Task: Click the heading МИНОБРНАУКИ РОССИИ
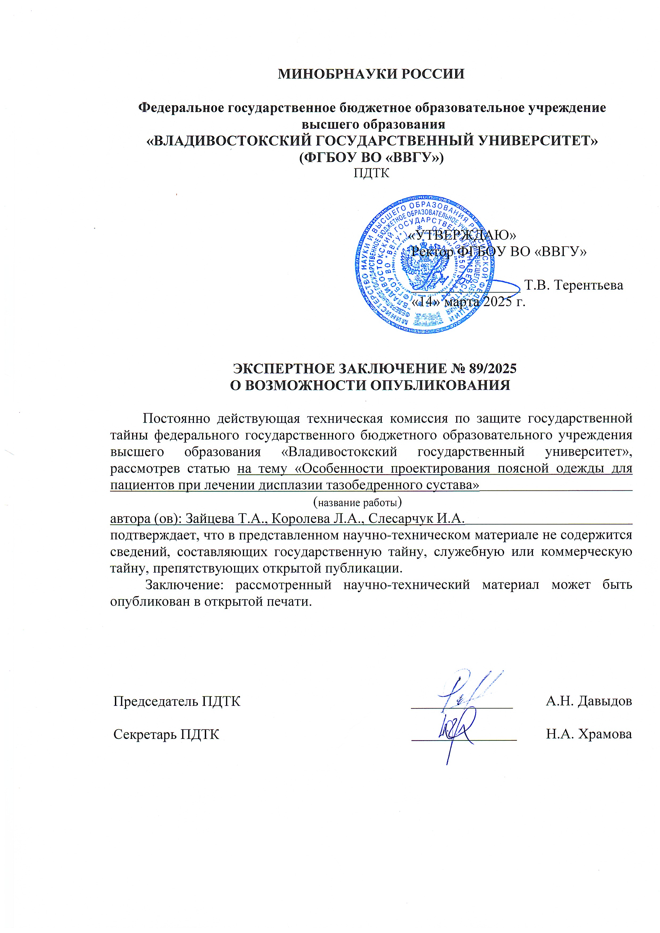click(371, 74)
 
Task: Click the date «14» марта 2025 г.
click(468, 302)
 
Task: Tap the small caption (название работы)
click(357, 503)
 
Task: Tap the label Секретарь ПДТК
click(166, 734)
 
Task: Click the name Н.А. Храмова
click(588, 734)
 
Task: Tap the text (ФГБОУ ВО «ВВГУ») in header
click(371, 157)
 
